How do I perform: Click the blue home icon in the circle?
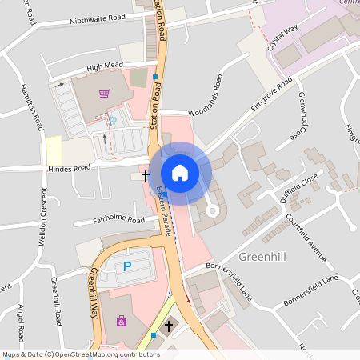[180, 173]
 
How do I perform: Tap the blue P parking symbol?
[126, 266]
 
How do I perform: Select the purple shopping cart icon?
[104, 94]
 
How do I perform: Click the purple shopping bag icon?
[122, 322]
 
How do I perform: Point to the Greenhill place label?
[263, 257]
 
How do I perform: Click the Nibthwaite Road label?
[98, 18]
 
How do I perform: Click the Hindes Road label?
[70, 169]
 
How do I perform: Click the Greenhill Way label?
[94, 293]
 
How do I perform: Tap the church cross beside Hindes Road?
[146, 174]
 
